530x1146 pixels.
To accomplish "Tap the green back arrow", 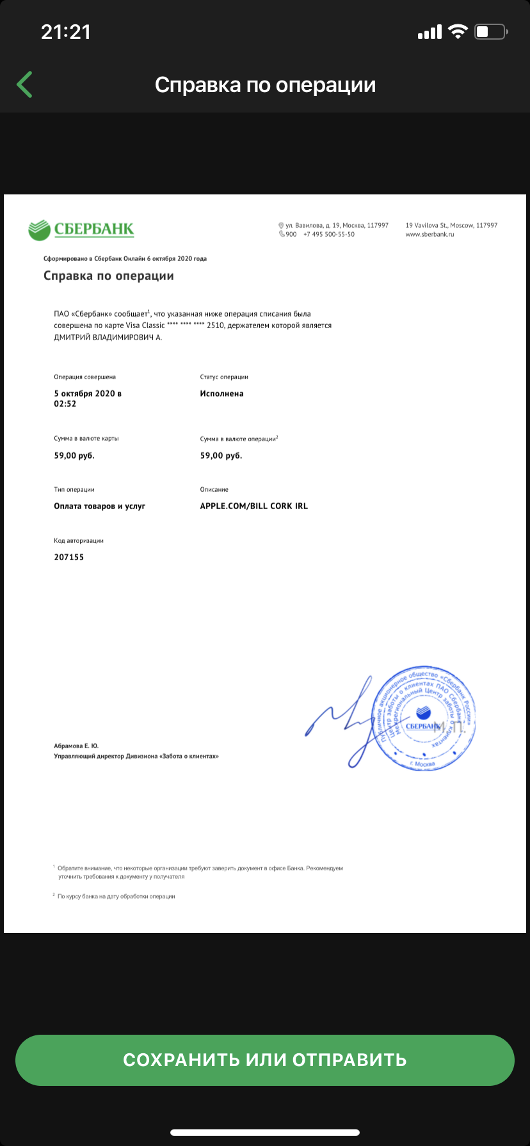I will [24, 84].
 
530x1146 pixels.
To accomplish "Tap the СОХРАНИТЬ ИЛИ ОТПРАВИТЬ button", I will [265, 1060].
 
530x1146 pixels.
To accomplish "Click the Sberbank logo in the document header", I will [81, 229].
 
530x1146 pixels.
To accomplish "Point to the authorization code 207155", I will [69, 557].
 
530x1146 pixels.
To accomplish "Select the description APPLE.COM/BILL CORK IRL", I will [254, 506].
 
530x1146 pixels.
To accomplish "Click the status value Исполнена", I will [221, 394].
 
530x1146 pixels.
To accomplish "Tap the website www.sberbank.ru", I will [430, 235].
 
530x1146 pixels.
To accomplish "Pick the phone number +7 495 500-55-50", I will [329, 235].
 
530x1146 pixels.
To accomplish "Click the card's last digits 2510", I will [216, 326].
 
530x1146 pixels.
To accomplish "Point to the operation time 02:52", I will [65, 404].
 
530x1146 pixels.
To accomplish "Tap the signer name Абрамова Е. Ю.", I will [76, 746].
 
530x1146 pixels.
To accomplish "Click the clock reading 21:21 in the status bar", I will [66, 31].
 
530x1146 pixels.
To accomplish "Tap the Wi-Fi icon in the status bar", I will [458, 31].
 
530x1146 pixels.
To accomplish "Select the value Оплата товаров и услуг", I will [100, 506].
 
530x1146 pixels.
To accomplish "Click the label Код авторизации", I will [79, 541].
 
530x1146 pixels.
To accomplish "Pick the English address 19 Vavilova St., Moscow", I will [451, 225].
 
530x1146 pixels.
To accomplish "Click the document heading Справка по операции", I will [109, 276].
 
